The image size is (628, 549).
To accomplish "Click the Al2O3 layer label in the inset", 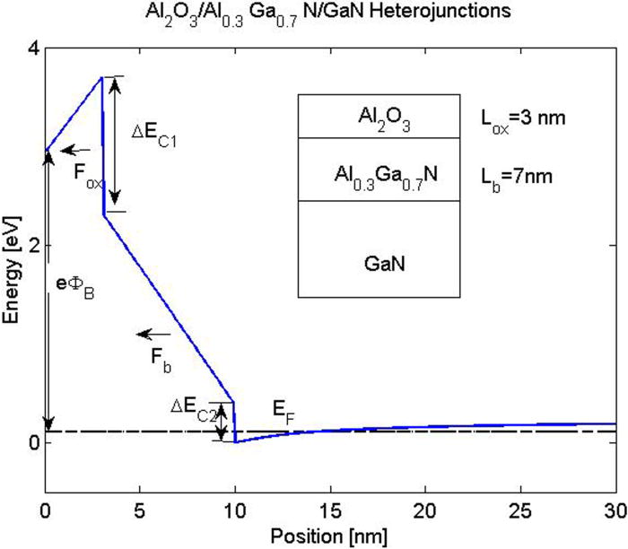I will click(379, 117).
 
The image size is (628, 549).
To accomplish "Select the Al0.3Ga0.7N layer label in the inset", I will click(379, 170).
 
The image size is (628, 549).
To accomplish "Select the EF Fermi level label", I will click(284, 411).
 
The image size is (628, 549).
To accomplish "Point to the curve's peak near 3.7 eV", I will click(101, 77).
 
